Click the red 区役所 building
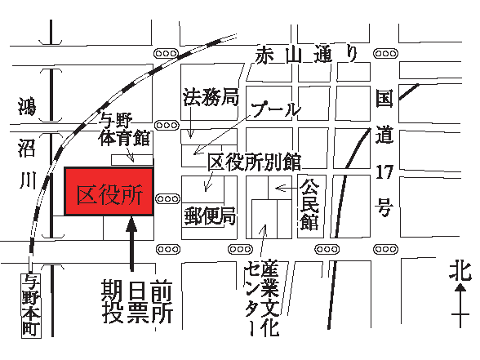coord(109,191)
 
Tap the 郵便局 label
coord(210,216)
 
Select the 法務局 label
coord(211,97)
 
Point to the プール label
coord(276,109)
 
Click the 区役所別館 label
coord(255,162)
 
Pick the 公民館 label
coord(309,204)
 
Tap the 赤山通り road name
coord(307,56)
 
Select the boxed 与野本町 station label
coord(31,306)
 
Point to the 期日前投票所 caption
coord(137,301)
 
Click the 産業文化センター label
coord(262,298)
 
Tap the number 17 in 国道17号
coord(384,172)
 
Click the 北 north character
coord(460,270)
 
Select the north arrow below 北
coord(460,306)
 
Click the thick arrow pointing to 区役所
coord(132,244)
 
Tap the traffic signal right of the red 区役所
coord(167,199)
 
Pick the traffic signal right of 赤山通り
coord(385,54)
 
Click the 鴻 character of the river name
coord(27,107)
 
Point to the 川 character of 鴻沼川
coord(28,180)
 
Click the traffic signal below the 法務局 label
coord(167,126)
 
